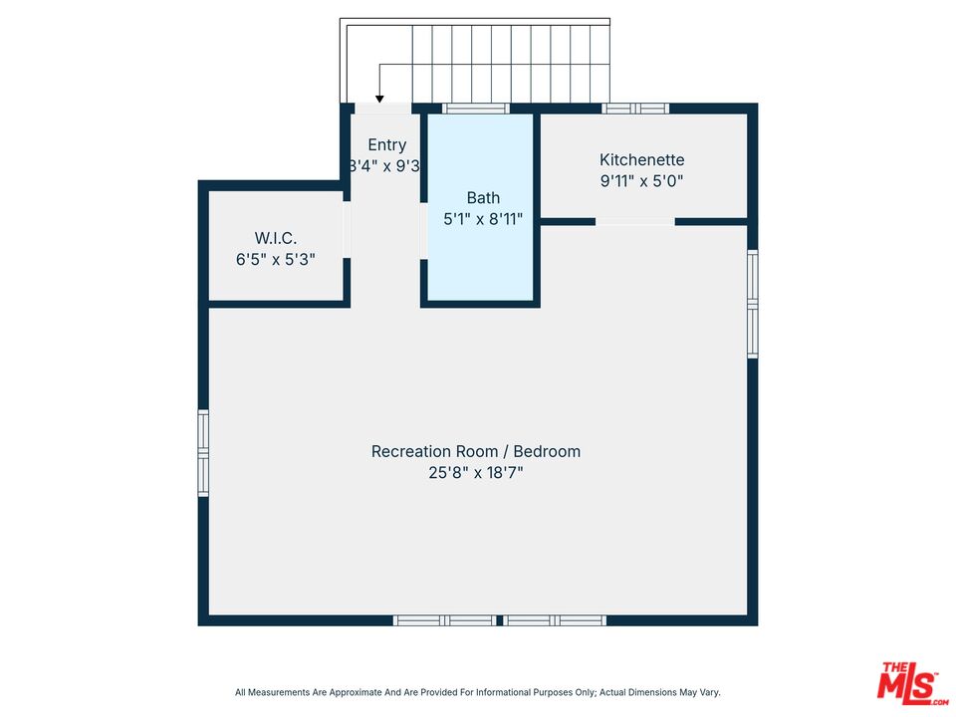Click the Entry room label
click(x=387, y=145)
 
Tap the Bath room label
click(x=483, y=198)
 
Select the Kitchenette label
click(x=641, y=159)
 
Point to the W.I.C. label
click(x=276, y=238)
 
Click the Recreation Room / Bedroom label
click(x=475, y=451)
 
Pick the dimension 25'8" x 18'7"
click(x=475, y=473)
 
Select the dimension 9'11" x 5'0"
click(x=641, y=181)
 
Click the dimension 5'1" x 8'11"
click(x=483, y=219)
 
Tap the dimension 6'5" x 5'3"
click(x=276, y=259)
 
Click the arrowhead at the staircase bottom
click(x=379, y=98)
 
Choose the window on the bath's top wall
click(x=476, y=109)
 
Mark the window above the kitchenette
click(x=634, y=109)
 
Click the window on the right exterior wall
click(x=753, y=304)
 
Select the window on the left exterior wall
click(x=203, y=453)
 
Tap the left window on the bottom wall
click(x=443, y=620)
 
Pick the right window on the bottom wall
click(x=555, y=620)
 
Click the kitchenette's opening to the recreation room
click(x=635, y=221)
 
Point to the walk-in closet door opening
click(x=347, y=230)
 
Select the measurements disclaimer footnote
click(x=477, y=692)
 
